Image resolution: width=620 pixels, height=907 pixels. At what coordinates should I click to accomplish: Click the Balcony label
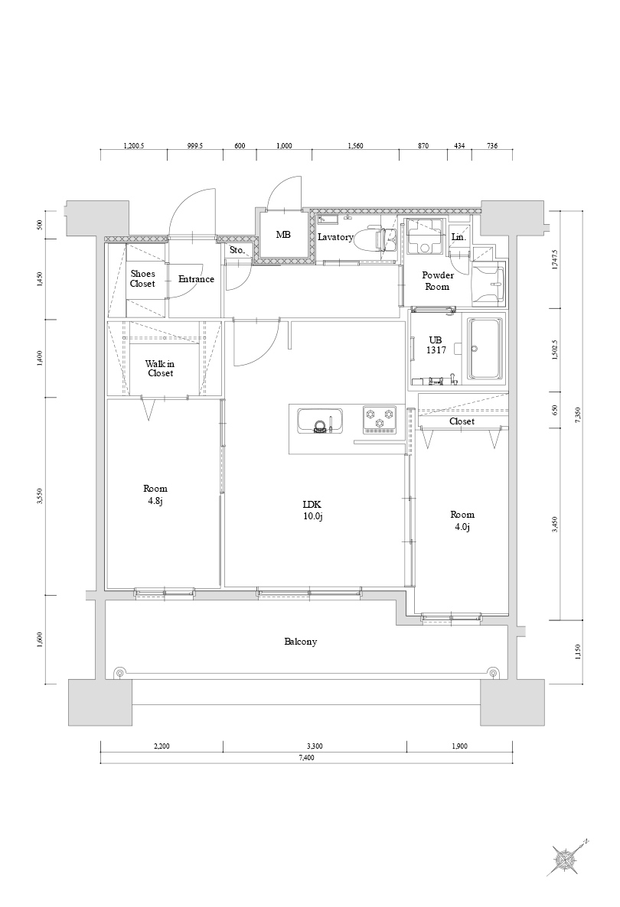tap(301, 642)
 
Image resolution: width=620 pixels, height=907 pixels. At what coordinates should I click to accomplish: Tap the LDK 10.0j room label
tap(312, 510)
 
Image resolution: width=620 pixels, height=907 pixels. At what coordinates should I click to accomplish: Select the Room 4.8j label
tap(155, 495)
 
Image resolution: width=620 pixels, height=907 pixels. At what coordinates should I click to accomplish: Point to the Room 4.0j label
tap(462, 521)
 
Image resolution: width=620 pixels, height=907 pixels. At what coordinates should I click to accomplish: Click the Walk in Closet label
tap(160, 369)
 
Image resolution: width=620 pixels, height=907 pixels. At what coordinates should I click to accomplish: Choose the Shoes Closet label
tap(142, 278)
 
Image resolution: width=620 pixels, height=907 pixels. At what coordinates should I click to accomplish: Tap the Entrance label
tap(196, 279)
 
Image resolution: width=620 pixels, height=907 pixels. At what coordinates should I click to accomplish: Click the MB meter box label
tap(283, 235)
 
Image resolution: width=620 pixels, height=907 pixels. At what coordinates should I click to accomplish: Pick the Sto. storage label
tap(237, 250)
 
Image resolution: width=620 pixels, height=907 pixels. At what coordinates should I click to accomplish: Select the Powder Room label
tap(438, 281)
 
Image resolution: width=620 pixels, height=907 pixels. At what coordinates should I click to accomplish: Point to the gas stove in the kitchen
tap(379, 419)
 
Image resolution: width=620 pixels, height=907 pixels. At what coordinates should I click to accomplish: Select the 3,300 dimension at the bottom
tap(314, 746)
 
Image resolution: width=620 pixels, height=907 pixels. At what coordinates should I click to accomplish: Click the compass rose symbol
tap(567, 859)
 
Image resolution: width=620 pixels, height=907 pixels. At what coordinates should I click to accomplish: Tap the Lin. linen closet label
tap(458, 238)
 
